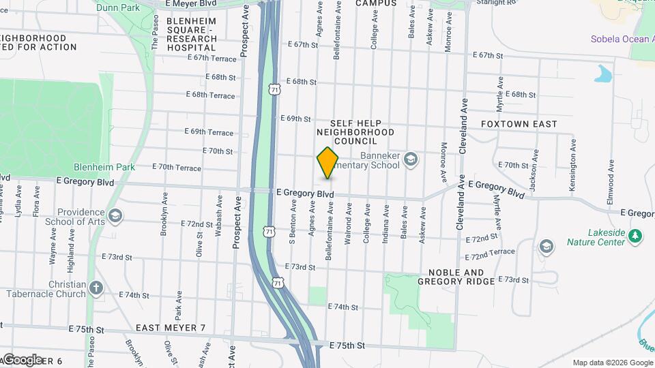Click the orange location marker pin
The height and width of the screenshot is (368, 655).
click(x=327, y=163)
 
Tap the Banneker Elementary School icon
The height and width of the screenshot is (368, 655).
click(x=410, y=159)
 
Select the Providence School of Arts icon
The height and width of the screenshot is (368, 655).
click(x=115, y=216)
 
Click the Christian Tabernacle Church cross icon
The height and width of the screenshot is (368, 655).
click(x=96, y=288)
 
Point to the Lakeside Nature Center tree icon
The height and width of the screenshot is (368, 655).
click(x=636, y=236)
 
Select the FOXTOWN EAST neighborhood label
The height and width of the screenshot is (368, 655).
click(x=519, y=125)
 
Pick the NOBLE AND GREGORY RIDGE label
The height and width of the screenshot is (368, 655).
click(x=455, y=277)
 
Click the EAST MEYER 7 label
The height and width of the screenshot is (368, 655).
click(x=171, y=328)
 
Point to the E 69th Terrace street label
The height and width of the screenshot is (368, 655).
click(x=209, y=132)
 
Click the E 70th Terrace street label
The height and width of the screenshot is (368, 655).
click(x=177, y=167)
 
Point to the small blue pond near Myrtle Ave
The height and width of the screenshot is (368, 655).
click(x=603, y=73)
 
